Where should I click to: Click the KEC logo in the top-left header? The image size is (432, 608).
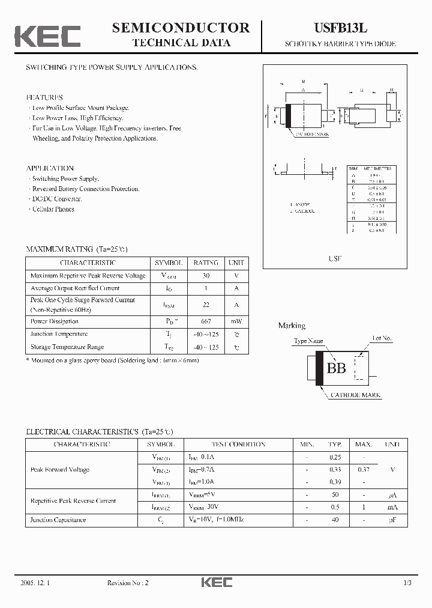coord(47,36)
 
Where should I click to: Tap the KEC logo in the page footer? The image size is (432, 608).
coord(216,582)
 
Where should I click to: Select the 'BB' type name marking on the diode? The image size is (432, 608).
coord(336,368)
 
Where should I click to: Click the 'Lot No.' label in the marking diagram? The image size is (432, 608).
coord(382,338)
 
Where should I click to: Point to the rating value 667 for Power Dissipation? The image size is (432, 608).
coord(206,321)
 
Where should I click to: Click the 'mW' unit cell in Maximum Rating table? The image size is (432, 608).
coord(236,321)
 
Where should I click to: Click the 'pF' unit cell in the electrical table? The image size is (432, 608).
coord(392,520)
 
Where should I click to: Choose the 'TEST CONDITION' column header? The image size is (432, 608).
coord(238,445)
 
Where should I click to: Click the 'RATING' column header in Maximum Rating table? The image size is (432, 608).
coord(206,263)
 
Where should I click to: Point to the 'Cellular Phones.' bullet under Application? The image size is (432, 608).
coord(53,209)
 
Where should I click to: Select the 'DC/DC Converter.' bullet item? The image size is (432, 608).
coord(56,199)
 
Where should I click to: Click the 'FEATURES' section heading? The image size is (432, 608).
coord(44,97)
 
